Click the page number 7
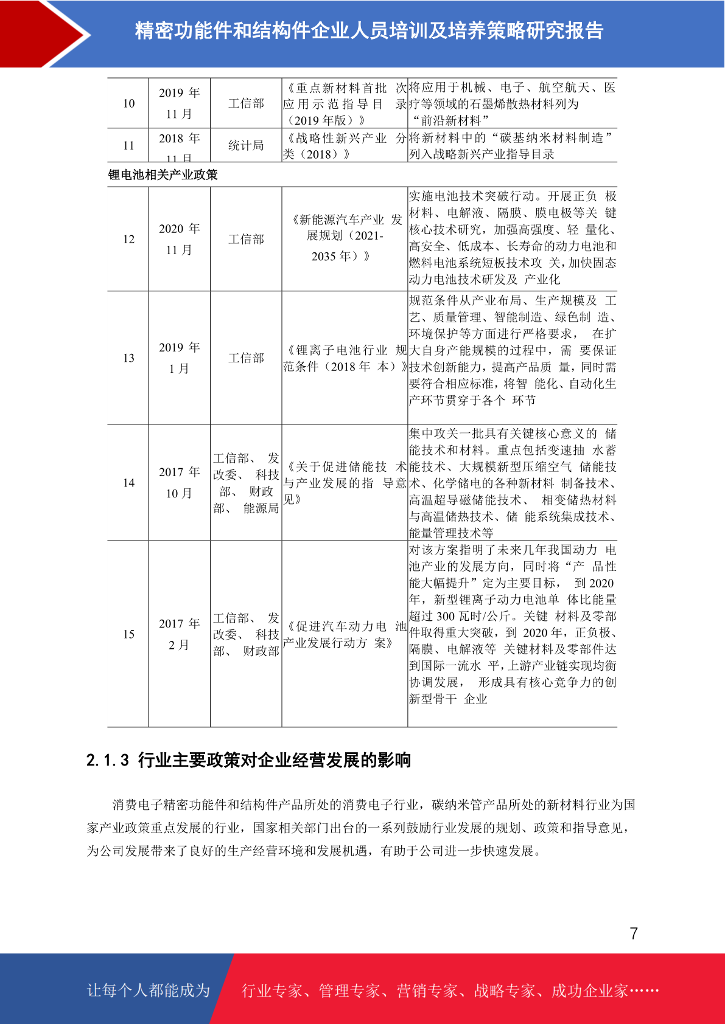(x=634, y=934)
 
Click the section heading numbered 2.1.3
(x=248, y=760)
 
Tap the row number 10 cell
(x=128, y=103)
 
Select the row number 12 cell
(x=128, y=240)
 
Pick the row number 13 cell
(x=128, y=358)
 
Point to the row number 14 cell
(x=128, y=483)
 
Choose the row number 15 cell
(x=128, y=634)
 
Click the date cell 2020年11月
(x=179, y=240)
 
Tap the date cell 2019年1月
(x=179, y=358)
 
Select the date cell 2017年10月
(x=179, y=483)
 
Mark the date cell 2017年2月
(x=179, y=634)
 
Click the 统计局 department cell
(x=246, y=145)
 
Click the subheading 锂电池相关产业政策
(x=163, y=175)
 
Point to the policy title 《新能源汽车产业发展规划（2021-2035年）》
(x=345, y=238)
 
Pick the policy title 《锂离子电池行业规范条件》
(x=345, y=358)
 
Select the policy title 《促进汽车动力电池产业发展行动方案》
(x=345, y=634)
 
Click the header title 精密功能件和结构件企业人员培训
(x=369, y=31)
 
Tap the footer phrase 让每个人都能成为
(x=149, y=991)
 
